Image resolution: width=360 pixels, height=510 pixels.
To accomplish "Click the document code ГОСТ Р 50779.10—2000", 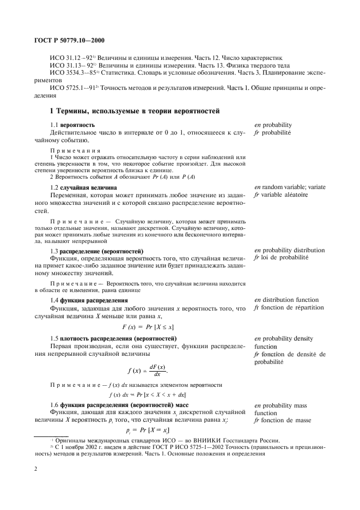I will tap(65, 40).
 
